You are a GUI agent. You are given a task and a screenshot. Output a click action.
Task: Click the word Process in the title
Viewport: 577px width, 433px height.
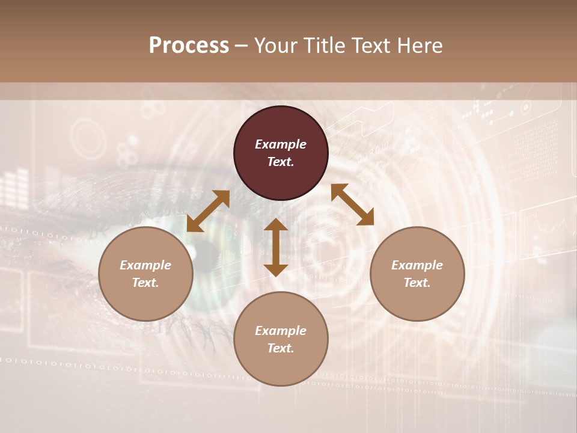[189, 46]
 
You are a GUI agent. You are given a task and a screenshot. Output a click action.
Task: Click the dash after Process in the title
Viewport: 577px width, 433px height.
[241, 46]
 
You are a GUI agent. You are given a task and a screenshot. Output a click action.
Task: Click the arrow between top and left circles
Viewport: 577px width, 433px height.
[208, 211]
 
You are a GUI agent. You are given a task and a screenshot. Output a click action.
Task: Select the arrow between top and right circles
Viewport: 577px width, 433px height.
[353, 204]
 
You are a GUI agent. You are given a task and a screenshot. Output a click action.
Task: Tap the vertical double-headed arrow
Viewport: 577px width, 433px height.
[276, 248]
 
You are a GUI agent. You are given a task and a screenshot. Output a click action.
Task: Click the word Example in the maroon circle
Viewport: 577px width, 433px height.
[281, 144]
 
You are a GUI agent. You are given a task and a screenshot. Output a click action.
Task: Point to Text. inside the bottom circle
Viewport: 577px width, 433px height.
[281, 348]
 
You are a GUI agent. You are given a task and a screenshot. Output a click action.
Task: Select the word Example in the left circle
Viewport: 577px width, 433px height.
[145, 265]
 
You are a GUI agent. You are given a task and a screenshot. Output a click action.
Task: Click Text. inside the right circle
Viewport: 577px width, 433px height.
[417, 283]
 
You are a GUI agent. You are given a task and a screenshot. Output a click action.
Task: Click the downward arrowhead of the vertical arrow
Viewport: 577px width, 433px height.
[276, 270]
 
